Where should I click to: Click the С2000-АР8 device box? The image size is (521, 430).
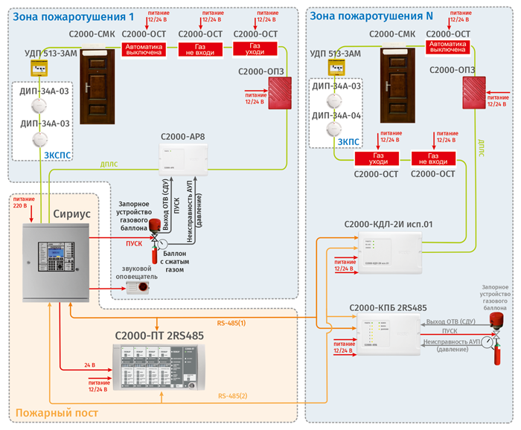(x=183, y=158)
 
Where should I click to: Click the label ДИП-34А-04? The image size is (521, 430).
(x=337, y=116)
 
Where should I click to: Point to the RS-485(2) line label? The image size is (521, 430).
(x=232, y=396)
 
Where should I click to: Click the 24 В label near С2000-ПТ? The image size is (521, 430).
(x=90, y=365)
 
